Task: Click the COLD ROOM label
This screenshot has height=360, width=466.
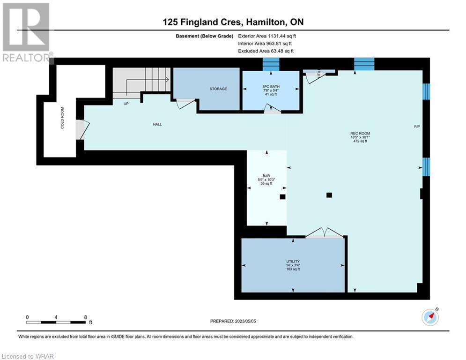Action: (x=62, y=118)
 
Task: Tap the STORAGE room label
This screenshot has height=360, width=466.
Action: (x=218, y=89)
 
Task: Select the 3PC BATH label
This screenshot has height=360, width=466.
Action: (x=271, y=87)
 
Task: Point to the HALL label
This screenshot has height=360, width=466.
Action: (x=157, y=124)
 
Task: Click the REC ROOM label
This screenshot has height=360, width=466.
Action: (x=360, y=134)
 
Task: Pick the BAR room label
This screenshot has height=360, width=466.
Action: (x=266, y=176)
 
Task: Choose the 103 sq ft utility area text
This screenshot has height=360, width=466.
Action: (x=293, y=269)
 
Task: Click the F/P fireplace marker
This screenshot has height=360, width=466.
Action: (x=417, y=127)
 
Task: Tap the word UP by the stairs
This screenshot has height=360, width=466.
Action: (x=126, y=104)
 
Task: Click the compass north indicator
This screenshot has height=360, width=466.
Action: (x=430, y=316)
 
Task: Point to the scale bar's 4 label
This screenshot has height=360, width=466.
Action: (x=56, y=317)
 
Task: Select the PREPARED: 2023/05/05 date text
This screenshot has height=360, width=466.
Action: (x=233, y=321)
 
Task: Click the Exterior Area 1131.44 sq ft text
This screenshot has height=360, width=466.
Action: (x=267, y=36)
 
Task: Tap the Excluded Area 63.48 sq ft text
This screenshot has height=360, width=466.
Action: (x=266, y=51)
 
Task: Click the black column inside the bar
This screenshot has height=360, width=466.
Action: (x=282, y=197)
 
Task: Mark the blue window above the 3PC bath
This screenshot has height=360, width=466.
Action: (x=271, y=64)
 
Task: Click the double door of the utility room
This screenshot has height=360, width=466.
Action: (x=324, y=232)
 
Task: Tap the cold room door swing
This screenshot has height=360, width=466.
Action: (x=82, y=129)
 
